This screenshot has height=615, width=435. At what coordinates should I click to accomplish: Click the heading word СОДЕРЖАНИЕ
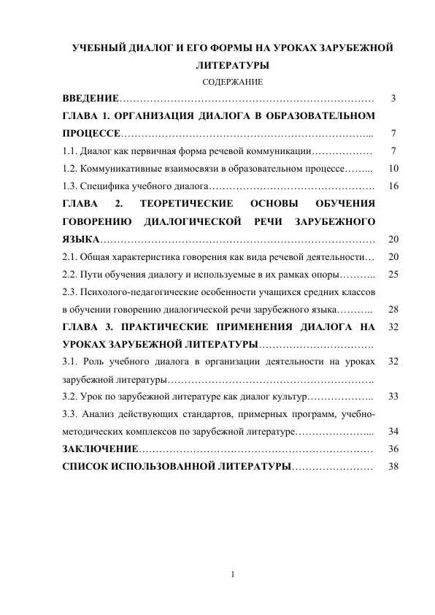coord(232,83)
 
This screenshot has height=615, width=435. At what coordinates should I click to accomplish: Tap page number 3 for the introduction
coord(394,98)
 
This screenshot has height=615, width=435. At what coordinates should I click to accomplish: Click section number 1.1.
coord(69,151)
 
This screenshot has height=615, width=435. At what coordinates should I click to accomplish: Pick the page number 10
coord(394,169)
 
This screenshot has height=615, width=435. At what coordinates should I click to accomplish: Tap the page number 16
coord(394,186)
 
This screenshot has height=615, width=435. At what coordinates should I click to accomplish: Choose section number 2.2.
coord(69,275)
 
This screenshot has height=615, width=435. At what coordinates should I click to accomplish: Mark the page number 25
coord(394,275)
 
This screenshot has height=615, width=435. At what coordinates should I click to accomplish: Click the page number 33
coord(394,397)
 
